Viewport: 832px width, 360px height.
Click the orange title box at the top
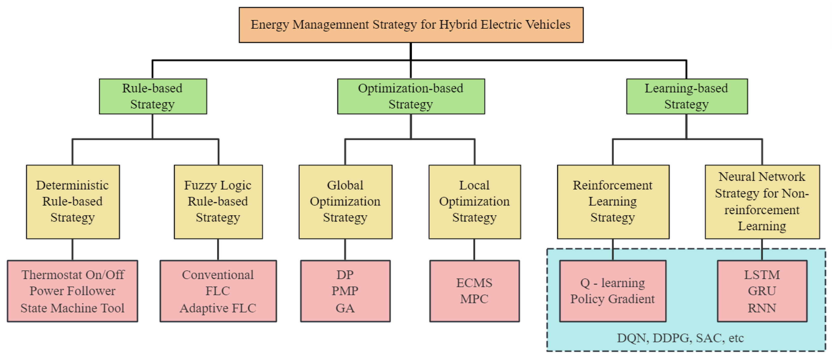(x=411, y=25)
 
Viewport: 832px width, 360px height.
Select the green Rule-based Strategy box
(x=153, y=96)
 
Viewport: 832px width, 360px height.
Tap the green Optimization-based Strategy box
(x=411, y=96)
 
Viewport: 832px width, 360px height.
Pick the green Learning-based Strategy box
(x=687, y=96)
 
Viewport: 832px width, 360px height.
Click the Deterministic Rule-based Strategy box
(x=73, y=202)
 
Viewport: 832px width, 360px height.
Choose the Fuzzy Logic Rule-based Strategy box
(x=218, y=202)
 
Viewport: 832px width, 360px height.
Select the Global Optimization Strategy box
(x=345, y=202)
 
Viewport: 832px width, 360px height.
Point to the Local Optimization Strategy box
(x=474, y=202)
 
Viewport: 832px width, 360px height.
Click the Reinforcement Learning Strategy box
(x=613, y=202)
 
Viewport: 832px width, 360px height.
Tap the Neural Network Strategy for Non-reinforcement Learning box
(x=762, y=202)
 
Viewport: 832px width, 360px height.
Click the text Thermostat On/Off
(x=73, y=275)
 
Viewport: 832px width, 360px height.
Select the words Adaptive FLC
(x=218, y=308)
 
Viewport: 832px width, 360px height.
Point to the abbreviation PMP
(x=345, y=291)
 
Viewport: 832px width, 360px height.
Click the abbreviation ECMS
(x=474, y=283)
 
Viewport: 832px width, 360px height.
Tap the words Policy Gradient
(x=612, y=299)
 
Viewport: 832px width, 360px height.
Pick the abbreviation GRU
(x=762, y=291)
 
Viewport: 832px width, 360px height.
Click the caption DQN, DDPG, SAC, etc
(x=680, y=338)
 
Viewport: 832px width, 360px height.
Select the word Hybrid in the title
(x=458, y=25)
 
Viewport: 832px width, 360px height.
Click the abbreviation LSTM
(x=762, y=275)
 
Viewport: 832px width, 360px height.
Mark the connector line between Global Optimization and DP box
(x=345, y=249)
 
